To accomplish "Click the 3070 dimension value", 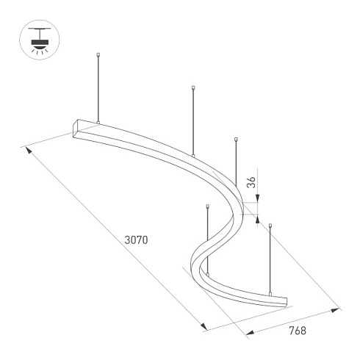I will [x=137, y=240].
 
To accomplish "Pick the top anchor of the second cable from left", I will [x=192, y=89].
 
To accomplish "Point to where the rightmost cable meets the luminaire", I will [x=270, y=293].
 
